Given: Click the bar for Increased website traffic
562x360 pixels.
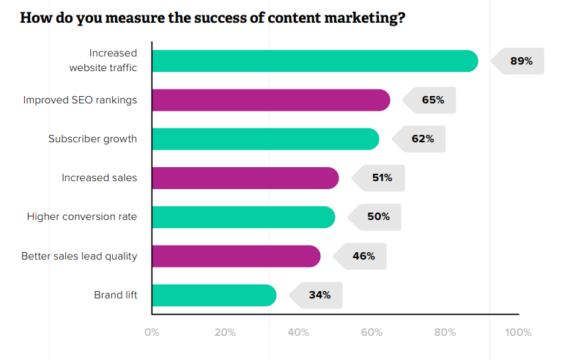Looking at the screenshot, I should pos(314,61).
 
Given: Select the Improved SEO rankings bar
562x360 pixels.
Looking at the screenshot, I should pos(270,100).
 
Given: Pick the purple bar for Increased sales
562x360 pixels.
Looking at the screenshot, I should pos(245,178).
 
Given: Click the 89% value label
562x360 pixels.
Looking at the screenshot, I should pos(521,61).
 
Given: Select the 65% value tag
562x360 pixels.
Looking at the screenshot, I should pos(433,100).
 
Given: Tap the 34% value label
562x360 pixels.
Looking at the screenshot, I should pos(319,295).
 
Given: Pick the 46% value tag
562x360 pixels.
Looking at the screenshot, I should pos(363,256).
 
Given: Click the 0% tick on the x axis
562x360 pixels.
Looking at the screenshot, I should pos(152,332).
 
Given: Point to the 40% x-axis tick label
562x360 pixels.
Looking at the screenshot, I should pos(298,332).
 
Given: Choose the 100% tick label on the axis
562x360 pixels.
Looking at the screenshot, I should pos(518,332).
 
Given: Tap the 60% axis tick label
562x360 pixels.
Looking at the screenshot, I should pos(371,332).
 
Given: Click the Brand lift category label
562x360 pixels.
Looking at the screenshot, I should pos(115,295).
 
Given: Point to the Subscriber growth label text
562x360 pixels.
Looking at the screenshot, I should pos(92,139).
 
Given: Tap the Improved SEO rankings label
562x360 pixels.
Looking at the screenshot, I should pos(80,100).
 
